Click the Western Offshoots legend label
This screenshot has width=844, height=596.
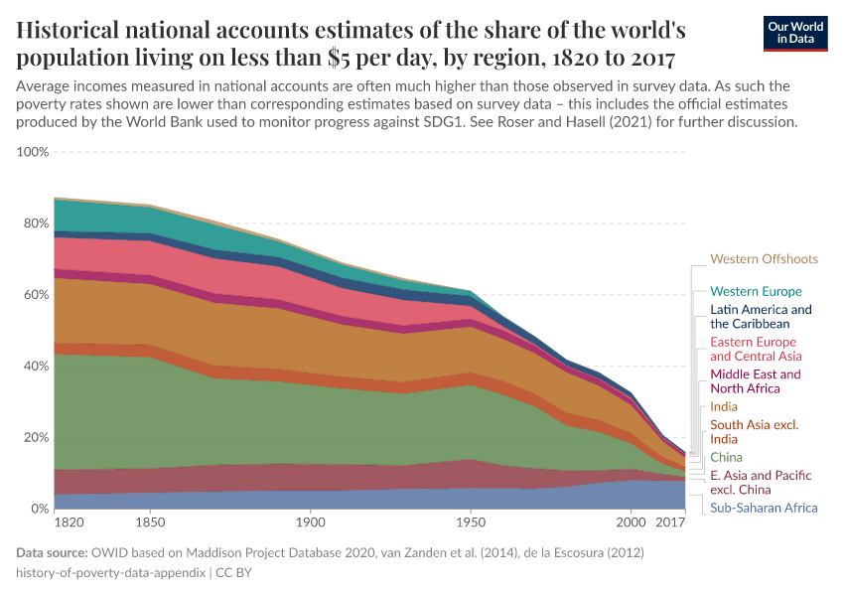pos(764,259)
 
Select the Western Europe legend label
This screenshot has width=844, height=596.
pos(756,292)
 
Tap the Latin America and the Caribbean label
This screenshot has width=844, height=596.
pos(761,317)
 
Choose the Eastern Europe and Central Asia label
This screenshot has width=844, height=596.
pos(756,349)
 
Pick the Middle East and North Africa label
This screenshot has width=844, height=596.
pos(755,381)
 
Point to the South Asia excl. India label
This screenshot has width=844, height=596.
pos(754,432)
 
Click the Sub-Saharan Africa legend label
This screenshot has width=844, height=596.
pos(764,508)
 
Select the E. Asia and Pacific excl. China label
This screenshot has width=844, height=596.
pos(759,483)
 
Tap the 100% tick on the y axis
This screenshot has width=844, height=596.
pos(33,152)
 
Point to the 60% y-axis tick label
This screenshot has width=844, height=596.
pos(36,295)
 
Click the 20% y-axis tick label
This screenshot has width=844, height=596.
pos(36,437)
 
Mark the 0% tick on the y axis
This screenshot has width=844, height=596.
pos(39,509)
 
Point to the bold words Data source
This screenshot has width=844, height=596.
pos(52,551)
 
